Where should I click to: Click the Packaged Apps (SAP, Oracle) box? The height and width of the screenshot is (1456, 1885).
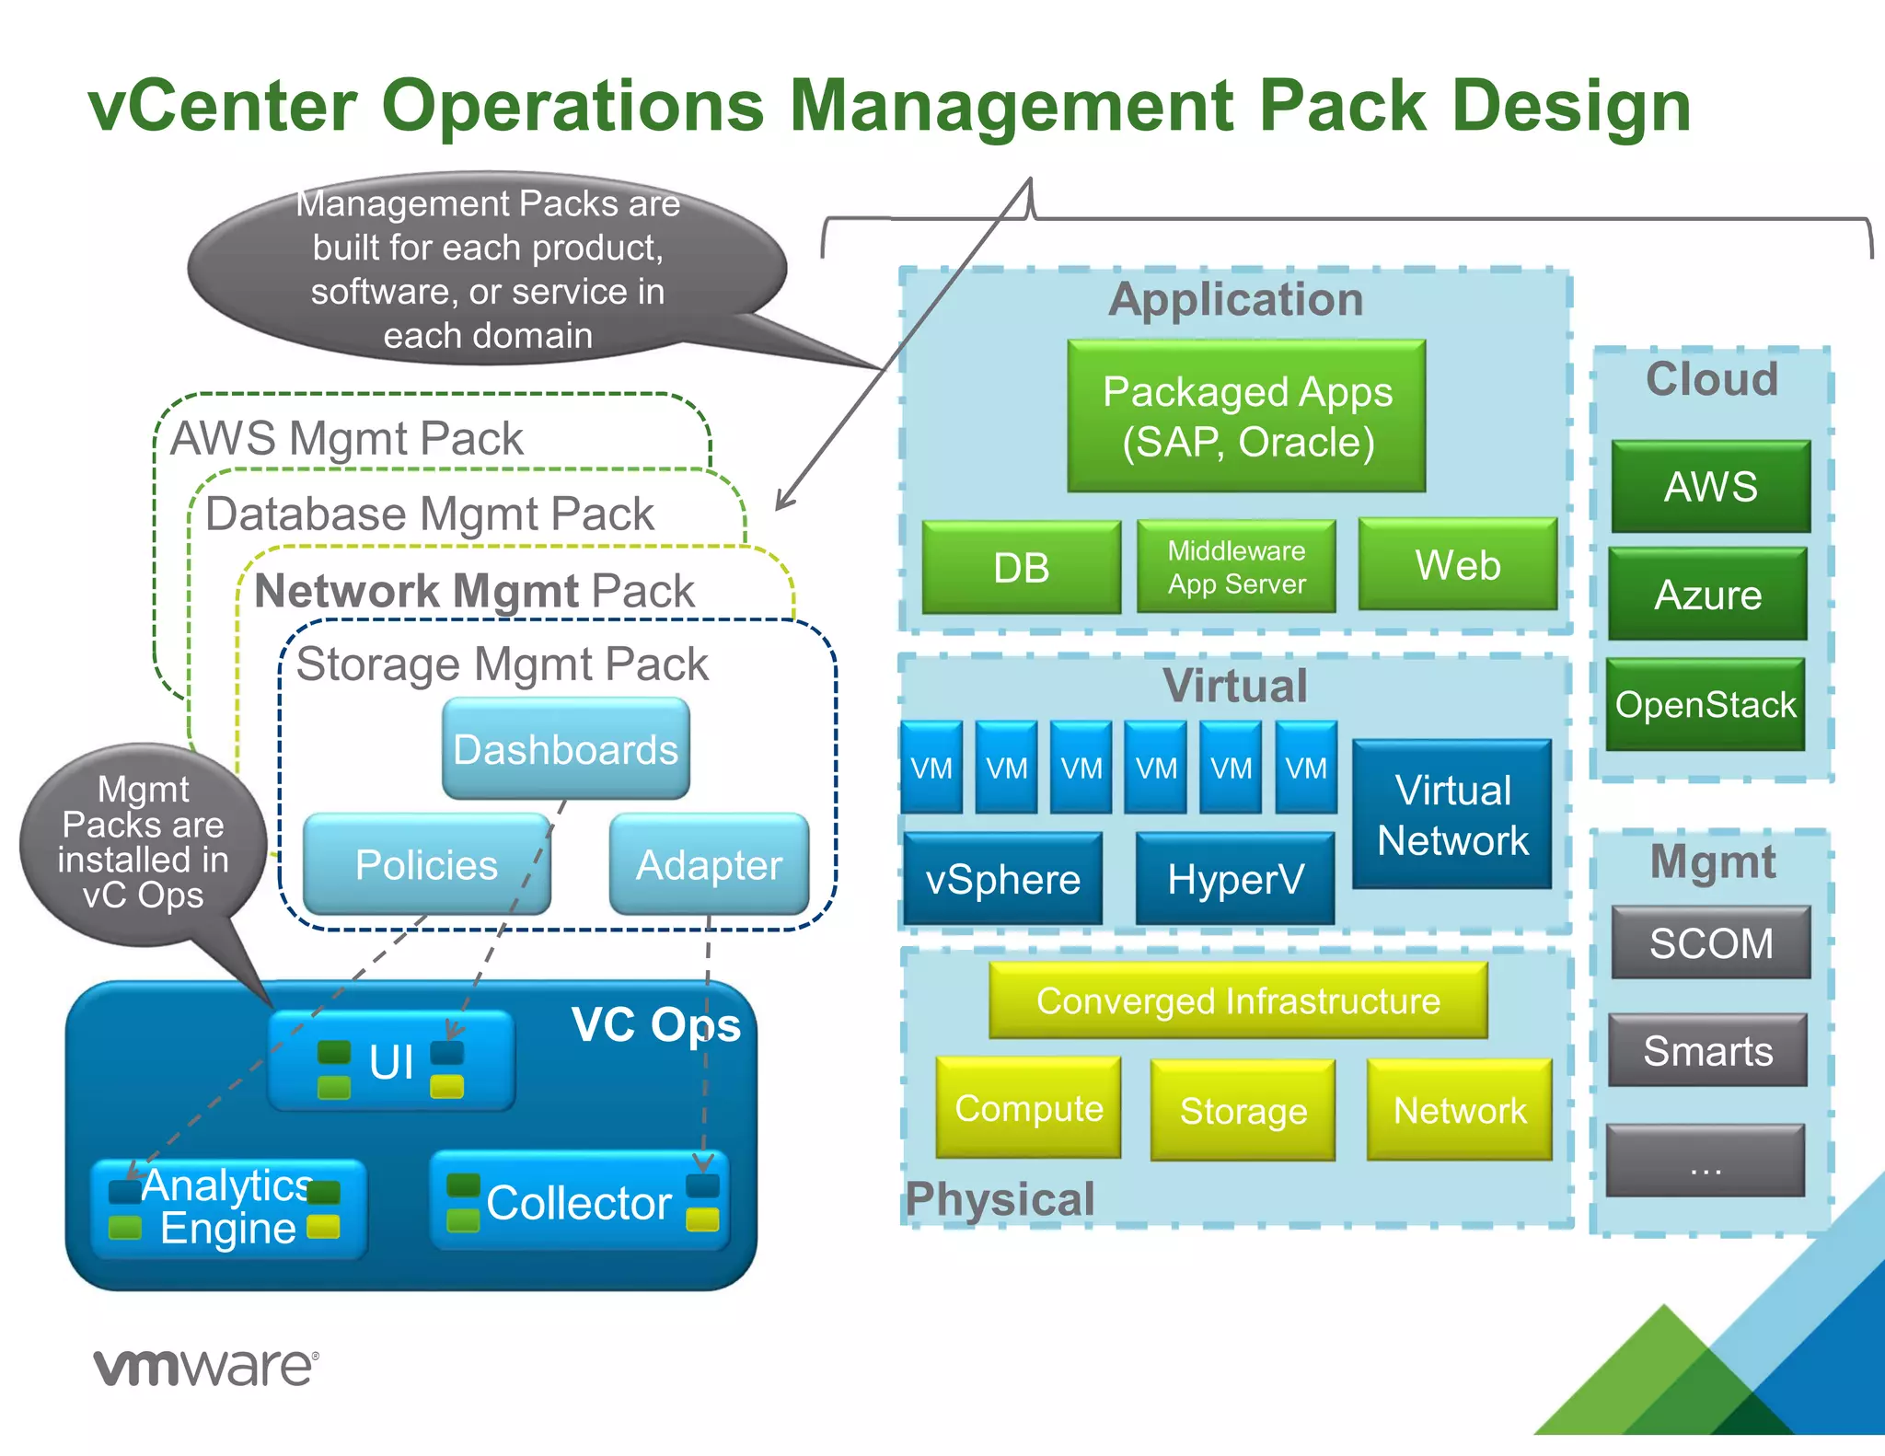point(1246,416)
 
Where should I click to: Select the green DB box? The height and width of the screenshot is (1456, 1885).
point(1021,567)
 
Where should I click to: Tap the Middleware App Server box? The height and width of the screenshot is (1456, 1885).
point(1236,566)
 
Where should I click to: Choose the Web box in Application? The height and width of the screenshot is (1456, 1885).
point(1457,564)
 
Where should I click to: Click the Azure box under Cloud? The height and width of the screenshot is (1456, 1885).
point(1707,594)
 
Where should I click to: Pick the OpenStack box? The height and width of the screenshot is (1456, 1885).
point(1705,704)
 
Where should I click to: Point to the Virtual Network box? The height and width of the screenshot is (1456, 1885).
point(1451,815)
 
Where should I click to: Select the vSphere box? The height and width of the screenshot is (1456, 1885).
point(1002,879)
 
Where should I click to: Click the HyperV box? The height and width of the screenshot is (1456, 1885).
point(1234,879)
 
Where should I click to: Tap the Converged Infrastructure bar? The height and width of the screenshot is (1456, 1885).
point(1238,1000)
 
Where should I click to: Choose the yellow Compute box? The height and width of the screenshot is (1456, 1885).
point(1028,1108)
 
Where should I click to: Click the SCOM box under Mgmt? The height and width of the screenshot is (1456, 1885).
point(1710,942)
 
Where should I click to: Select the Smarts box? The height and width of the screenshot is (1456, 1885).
point(1707,1050)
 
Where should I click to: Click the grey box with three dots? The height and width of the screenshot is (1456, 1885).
point(1705,1161)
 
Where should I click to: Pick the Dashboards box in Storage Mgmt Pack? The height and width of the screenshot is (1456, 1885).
point(565,748)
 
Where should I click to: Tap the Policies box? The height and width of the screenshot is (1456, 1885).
point(426,864)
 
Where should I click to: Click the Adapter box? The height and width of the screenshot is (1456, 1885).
point(709,864)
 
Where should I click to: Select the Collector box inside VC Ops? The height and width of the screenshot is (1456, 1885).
point(579,1201)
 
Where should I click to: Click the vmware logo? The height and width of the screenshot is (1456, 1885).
point(206,1367)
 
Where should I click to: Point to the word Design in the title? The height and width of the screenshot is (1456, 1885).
point(1570,106)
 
